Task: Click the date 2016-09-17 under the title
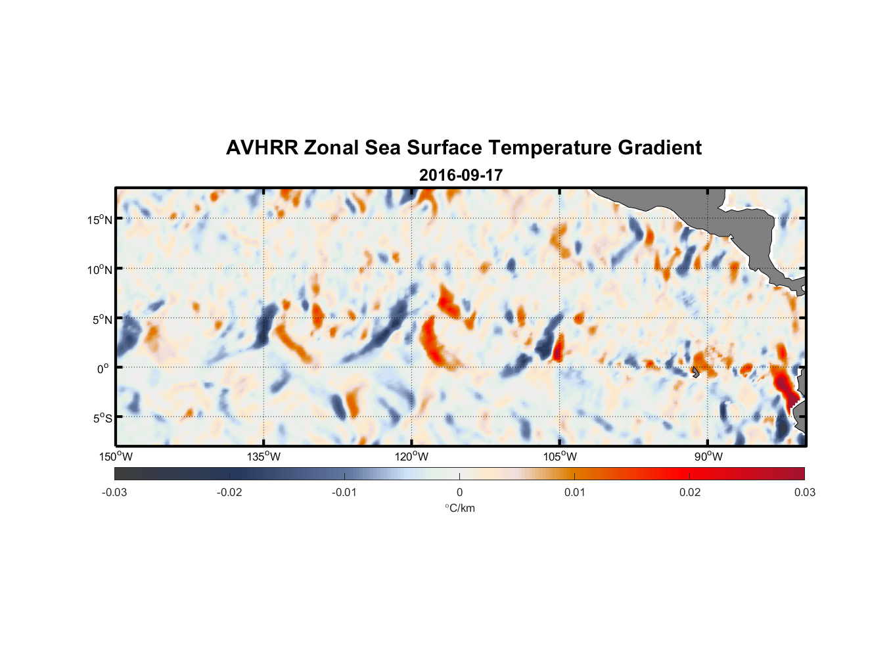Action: tap(461, 175)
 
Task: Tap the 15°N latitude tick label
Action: tap(99, 219)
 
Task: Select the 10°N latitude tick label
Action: tap(99, 269)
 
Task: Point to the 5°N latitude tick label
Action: tap(102, 319)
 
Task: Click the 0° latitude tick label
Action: tap(103, 369)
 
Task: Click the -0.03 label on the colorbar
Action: tap(114, 493)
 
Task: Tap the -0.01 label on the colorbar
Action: tap(344, 493)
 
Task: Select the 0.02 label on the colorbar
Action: tap(690, 493)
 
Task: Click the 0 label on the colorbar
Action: tap(459, 493)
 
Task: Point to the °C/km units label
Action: tap(459, 508)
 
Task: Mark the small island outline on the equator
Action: tap(695, 372)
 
